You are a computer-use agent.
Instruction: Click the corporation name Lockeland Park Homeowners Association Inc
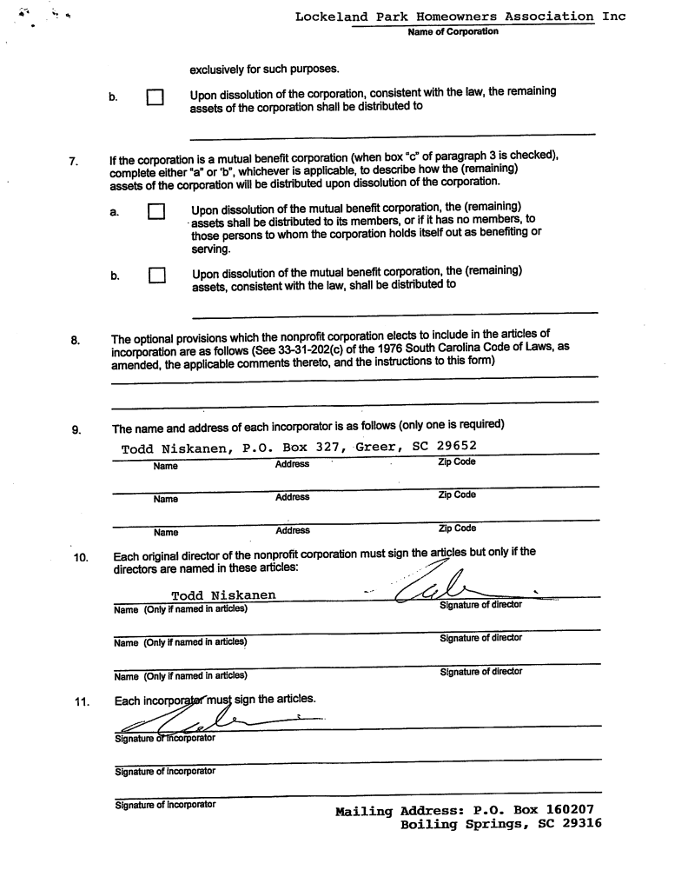coord(460,17)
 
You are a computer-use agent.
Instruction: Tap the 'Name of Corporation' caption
coord(453,32)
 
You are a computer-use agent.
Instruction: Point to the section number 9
coord(75,427)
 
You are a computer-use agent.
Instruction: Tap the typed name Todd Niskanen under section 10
coord(224,595)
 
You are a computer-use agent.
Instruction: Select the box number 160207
coord(565,810)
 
